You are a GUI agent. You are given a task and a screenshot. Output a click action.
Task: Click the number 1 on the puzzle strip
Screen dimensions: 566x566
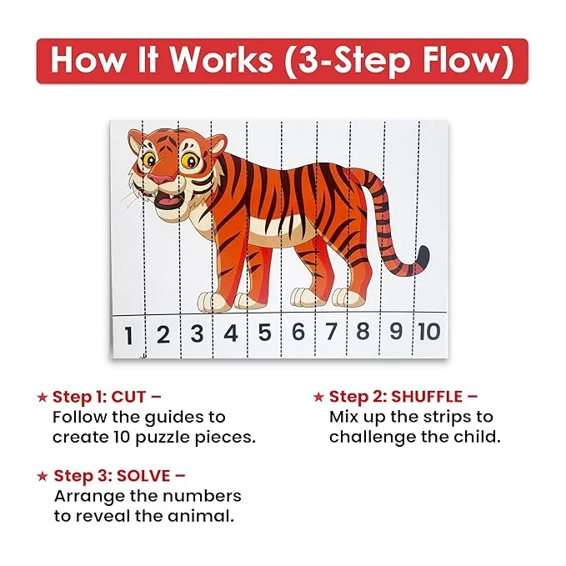pyautogui.click(x=128, y=336)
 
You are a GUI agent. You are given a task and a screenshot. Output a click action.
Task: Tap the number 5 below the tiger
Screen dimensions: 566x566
pyautogui.click(x=264, y=333)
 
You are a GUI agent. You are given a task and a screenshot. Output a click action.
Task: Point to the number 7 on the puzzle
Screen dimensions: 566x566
pyautogui.click(x=331, y=332)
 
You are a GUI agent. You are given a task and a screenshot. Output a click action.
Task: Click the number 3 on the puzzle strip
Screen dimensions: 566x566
pyautogui.click(x=197, y=334)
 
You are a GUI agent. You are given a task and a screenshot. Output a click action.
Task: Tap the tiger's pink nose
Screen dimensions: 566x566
pyautogui.click(x=158, y=178)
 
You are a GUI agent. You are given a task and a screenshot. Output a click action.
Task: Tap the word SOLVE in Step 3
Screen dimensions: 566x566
pyautogui.click(x=143, y=476)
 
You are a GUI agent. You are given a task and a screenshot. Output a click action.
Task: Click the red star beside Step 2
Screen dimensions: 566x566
pyautogui.click(x=318, y=397)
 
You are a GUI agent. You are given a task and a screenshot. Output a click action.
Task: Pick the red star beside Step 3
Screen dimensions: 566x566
pyautogui.click(x=43, y=477)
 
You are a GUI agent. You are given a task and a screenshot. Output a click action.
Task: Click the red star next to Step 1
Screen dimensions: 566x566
pyautogui.click(x=43, y=398)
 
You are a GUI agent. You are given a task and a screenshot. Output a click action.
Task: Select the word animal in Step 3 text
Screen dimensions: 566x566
pyautogui.click(x=203, y=516)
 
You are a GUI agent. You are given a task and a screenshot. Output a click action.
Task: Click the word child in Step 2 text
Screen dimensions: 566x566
pyautogui.click(x=479, y=436)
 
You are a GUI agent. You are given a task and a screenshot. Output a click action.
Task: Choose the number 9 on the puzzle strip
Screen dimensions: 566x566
pyautogui.click(x=395, y=331)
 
